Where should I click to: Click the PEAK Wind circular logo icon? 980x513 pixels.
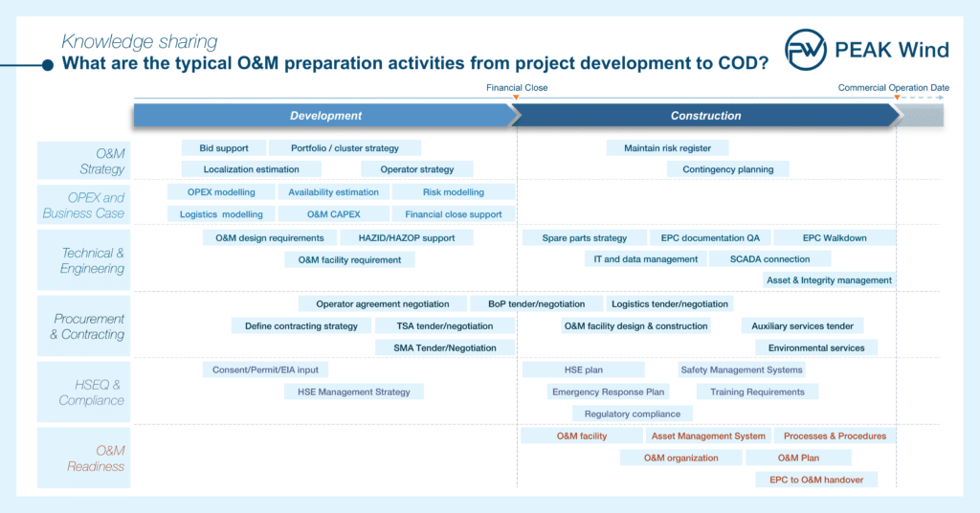[x=806, y=50]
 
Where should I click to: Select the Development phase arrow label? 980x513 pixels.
[x=325, y=116]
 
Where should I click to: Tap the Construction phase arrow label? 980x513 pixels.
[x=705, y=116]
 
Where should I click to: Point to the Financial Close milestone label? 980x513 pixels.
[x=517, y=87]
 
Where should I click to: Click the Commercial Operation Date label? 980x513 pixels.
[x=893, y=87]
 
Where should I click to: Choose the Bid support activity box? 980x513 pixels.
[x=224, y=148]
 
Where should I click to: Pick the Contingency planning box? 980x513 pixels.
[x=728, y=169]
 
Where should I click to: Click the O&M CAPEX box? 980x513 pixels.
[x=334, y=214]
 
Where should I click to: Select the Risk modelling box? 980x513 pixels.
[x=453, y=192]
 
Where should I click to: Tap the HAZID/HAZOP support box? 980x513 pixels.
[x=407, y=238]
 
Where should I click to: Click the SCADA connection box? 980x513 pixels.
[x=770, y=259]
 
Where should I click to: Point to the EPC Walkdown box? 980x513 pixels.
[x=835, y=238]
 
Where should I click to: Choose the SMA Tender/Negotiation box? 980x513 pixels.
[x=445, y=348]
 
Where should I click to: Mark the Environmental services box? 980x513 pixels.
[x=816, y=348]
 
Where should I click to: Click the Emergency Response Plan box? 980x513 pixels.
[x=608, y=391]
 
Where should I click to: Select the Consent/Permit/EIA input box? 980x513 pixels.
[x=266, y=369]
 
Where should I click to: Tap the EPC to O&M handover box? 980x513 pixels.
[x=816, y=480]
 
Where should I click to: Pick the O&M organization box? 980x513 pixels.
[x=681, y=458]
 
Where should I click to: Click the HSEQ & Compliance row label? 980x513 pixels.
[x=91, y=392]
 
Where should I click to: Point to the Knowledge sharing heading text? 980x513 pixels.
[x=140, y=41]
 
